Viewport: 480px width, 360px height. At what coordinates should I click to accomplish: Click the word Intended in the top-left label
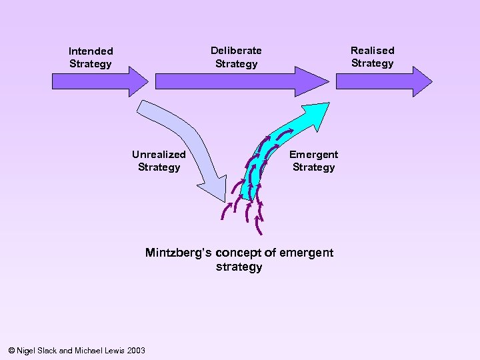click(x=91, y=51)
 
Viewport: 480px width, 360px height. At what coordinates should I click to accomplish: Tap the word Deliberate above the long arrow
click(x=236, y=50)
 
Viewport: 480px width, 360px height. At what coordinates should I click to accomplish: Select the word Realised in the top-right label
click(x=372, y=50)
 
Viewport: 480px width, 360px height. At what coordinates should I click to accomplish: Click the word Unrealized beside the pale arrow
click(x=159, y=154)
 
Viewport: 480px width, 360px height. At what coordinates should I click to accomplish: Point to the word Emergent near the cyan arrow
click(x=313, y=154)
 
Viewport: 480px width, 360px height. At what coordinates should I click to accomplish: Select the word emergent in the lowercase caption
click(x=306, y=253)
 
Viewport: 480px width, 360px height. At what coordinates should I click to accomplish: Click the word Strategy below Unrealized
click(x=159, y=167)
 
